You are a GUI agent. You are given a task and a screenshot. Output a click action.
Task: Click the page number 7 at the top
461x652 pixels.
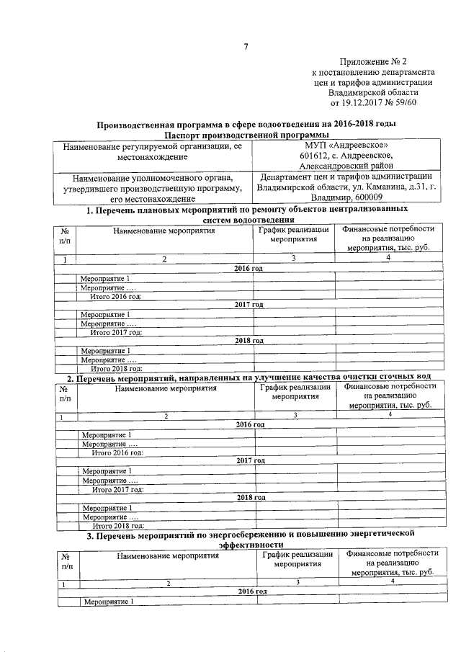[x=245, y=48]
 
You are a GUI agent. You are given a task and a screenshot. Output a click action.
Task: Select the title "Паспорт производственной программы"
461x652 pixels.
[x=246, y=135]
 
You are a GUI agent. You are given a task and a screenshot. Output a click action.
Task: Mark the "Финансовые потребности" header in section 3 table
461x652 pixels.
[x=391, y=553]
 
